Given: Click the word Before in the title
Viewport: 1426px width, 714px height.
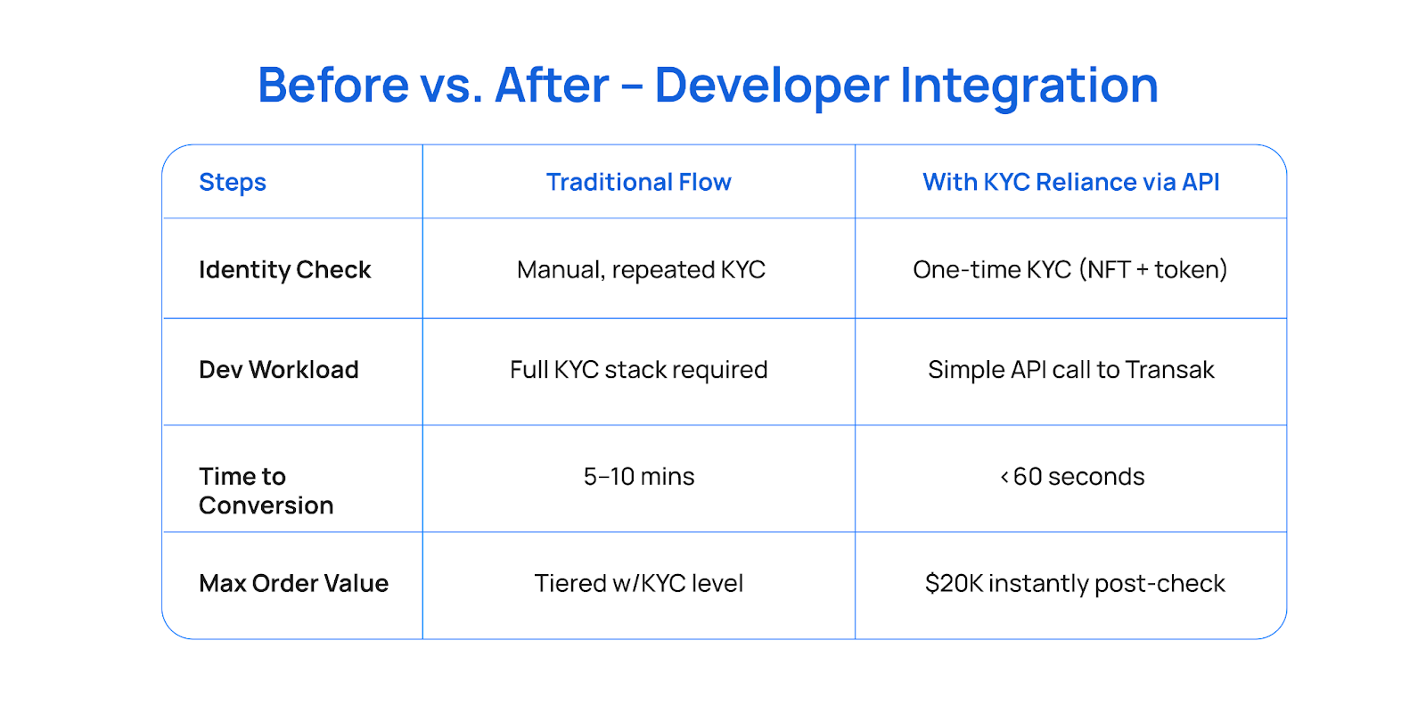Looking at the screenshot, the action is click(x=333, y=85).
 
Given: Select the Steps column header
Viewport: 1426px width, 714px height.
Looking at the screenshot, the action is click(x=233, y=182).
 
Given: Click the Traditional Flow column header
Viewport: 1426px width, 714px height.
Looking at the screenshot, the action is click(x=638, y=182).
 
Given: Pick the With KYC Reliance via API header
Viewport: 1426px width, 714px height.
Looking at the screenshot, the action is click(x=1070, y=182).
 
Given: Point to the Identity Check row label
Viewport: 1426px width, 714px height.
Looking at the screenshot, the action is click(x=284, y=270).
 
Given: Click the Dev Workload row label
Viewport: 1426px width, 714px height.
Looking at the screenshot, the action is click(x=279, y=369).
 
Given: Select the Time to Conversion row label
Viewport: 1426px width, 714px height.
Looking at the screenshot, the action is click(x=266, y=490).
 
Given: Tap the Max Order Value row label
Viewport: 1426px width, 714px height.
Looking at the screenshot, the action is click(x=293, y=584).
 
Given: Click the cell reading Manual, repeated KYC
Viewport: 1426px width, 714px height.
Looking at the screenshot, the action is click(x=641, y=270).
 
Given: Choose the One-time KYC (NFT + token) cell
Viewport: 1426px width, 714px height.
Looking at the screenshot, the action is click(x=1070, y=269).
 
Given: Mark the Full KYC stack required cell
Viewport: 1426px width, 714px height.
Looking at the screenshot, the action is click(x=638, y=370).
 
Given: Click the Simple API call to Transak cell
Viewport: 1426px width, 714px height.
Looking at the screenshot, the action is click(x=1070, y=369).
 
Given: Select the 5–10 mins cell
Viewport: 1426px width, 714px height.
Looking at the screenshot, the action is click(x=638, y=476).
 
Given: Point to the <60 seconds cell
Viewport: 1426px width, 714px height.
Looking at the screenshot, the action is click(x=1072, y=476).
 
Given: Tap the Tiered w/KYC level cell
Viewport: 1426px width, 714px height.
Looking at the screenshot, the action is click(x=638, y=584).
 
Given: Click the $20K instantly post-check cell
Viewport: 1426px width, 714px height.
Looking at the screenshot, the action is click(x=1075, y=584).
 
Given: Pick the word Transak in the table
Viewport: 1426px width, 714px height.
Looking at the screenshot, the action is click(x=1170, y=369).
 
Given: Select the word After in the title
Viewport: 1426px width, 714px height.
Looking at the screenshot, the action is click(x=552, y=85).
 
